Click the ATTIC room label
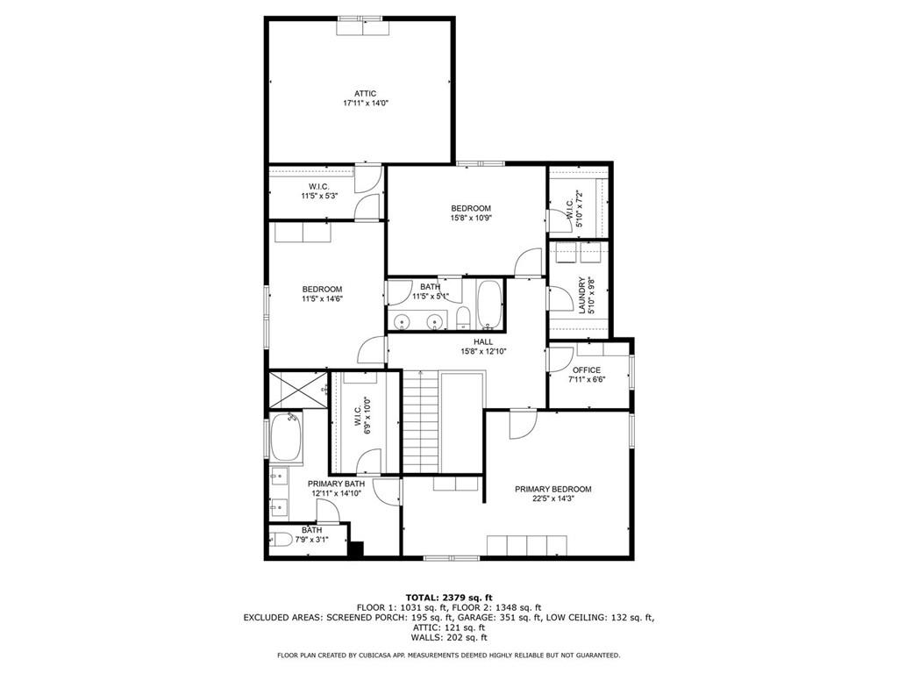(x=365, y=93)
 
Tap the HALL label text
(x=483, y=341)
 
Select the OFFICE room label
(x=587, y=369)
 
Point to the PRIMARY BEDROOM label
(x=552, y=489)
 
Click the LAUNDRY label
(x=582, y=296)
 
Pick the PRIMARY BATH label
(x=336, y=484)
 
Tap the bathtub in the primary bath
(x=286, y=437)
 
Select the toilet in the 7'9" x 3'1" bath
(x=282, y=540)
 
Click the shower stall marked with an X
(x=298, y=390)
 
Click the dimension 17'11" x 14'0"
(x=366, y=104)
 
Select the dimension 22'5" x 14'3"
(x=553, y=498)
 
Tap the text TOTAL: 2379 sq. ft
(x=449, y=597)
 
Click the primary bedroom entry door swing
(x=523, y=424)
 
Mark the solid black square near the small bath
(x=356, y=549)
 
